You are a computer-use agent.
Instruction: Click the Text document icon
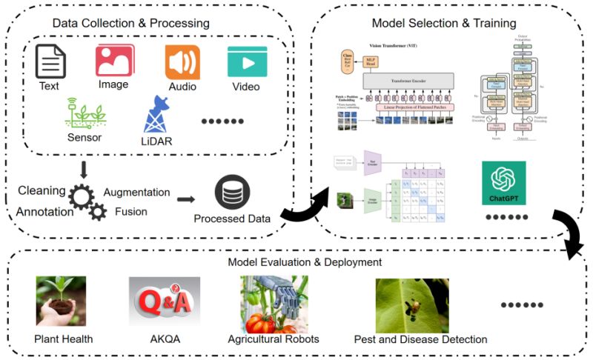(50, 61)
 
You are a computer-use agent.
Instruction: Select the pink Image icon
(114, 59)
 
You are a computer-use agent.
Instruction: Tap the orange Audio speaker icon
(182, 61)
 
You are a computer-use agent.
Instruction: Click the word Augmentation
(136, 192)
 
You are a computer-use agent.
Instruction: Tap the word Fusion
(130, 211)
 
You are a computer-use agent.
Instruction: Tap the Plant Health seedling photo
(61, 301)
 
